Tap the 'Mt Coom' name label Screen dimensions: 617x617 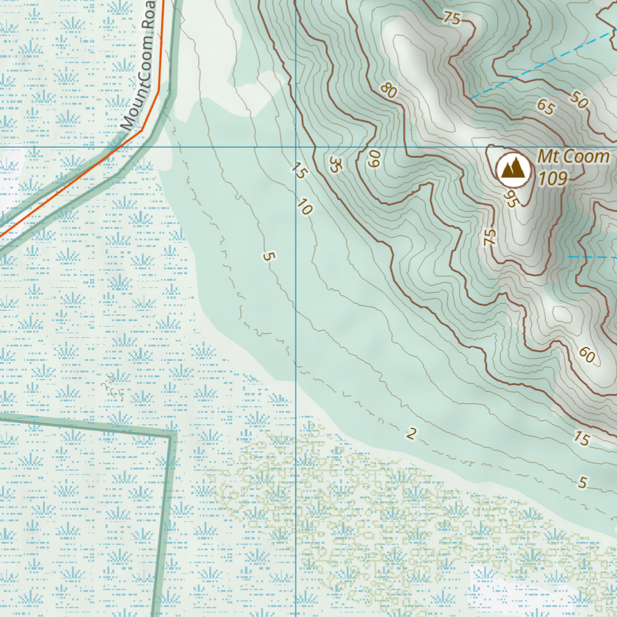point(573,157)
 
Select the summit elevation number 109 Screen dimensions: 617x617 point(553,178)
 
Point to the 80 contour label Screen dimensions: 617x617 point(389,90)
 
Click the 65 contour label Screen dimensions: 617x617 point(545,107)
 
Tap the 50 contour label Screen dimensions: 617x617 point(577,100)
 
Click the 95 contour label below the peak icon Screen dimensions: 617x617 point(510,200)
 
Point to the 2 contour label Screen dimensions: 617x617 point(412,433)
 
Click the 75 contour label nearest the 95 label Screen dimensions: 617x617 point(489,237)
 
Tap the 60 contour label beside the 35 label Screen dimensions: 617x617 point(374,159)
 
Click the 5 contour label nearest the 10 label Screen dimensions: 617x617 point(269,256)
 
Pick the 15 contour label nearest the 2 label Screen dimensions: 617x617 point(581,439)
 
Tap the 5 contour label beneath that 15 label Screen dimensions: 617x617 point(582,482)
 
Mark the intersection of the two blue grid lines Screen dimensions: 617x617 point(295,146)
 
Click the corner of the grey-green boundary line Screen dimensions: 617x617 point(171,433)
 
